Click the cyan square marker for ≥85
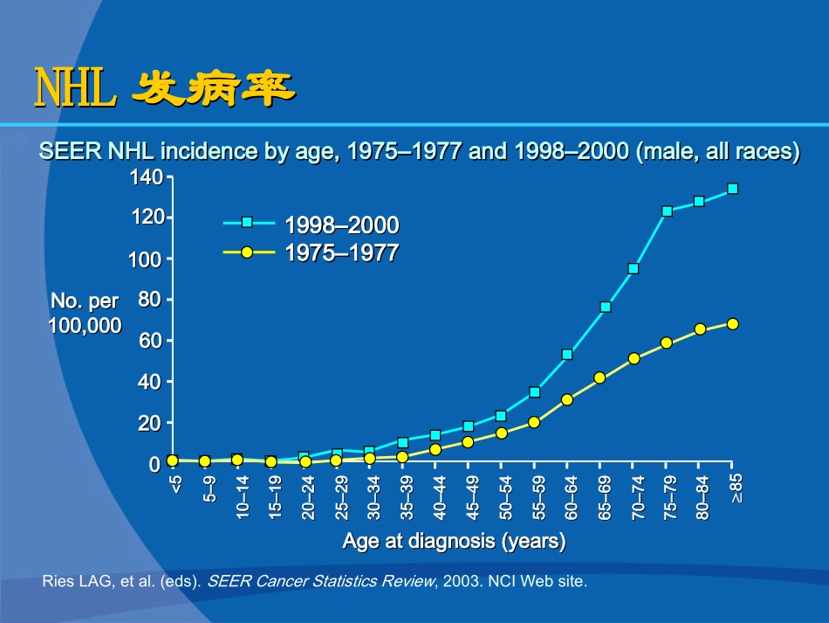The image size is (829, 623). (732, 189)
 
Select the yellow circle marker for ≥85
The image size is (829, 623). (732, 324)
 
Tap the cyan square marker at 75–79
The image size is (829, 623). (667, 211)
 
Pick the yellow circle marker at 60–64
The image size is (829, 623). (567, 399)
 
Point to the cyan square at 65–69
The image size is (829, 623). (606, 308)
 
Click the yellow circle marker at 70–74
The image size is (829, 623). (634, 358)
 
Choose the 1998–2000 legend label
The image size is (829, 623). (341, 225)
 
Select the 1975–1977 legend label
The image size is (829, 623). (341, 253)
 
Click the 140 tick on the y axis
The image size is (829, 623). (146, 178)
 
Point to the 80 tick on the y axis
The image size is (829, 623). (150, 300)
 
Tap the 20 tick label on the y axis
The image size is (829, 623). (150, 423)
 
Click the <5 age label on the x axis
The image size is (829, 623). (175, 485)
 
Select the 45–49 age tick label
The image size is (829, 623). (471, 497)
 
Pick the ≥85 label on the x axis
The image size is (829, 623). (735, 487)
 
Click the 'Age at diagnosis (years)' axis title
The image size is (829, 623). (454, 542)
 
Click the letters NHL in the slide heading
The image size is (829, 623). (75, 89)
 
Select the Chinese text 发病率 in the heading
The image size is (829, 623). (211, 89)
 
